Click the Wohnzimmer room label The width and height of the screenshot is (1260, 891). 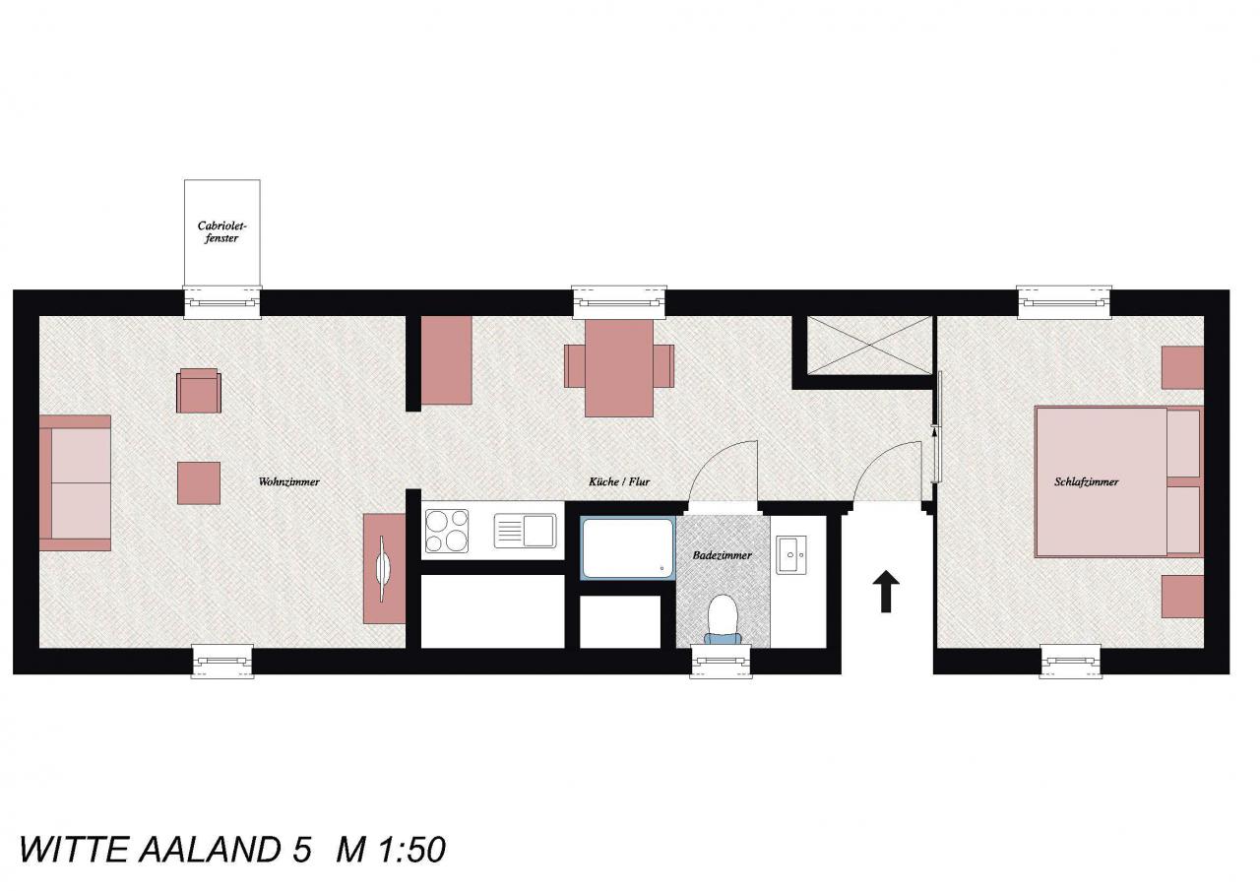[x=288, y=482]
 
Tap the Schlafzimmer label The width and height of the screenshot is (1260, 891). [x=1086, y=482]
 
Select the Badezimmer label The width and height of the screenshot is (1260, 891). [x=723, y=555]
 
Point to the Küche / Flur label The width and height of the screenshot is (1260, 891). [x=619, y=482]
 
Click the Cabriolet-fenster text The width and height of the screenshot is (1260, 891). [x=221, y=231]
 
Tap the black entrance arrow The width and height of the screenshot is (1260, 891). [x=886, y=591]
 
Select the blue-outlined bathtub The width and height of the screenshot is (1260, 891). [x=628, y=548]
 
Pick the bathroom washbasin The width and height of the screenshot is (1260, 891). [x=791, y=555]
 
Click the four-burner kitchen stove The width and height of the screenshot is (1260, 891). [x=447, y=531]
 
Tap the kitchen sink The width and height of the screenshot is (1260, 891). [x=525, y=531]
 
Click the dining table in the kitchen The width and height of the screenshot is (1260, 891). [x=619, y=368]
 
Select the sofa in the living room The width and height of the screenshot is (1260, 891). [x=75, y=482]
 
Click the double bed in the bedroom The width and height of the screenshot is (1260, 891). [x=1119, y=481]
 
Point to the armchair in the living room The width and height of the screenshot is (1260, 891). [x=199, y=391]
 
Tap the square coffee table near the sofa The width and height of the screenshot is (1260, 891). [x=199, y=483]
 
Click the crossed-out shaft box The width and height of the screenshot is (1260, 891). [x=869, y=345]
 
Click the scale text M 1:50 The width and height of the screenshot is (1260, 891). [x=391, y=850]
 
